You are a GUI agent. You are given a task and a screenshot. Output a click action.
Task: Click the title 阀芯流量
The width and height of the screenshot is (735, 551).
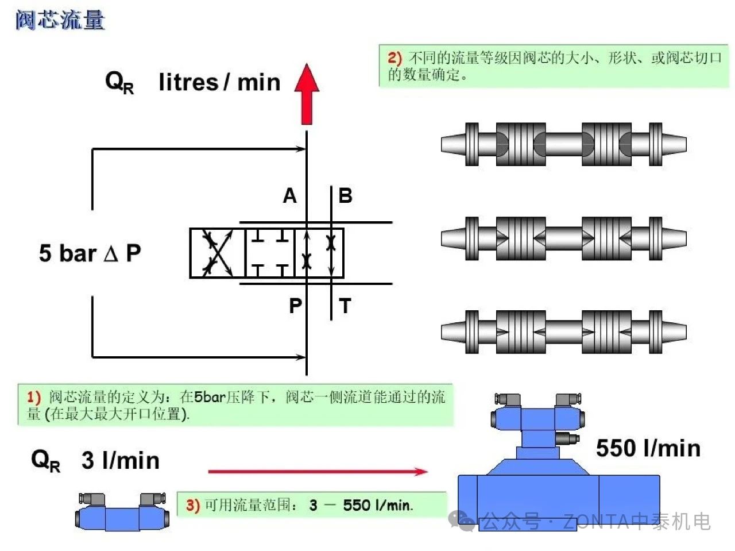60,20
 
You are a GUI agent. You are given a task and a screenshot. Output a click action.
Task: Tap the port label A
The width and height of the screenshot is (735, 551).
290,196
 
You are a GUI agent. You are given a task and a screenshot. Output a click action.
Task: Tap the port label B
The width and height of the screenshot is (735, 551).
345,196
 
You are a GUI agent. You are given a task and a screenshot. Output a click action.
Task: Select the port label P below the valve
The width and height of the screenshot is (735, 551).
295,306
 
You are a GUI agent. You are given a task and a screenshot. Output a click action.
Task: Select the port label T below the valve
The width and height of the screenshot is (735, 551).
345,306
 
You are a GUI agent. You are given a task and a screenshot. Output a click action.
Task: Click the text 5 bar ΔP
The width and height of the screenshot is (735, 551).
90,253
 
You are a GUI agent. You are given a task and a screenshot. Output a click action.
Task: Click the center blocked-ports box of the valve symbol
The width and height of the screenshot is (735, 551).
270,253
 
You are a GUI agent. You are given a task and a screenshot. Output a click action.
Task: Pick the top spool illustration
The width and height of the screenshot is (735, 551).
563,144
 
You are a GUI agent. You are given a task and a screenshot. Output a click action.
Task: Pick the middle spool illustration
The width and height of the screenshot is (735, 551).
563,238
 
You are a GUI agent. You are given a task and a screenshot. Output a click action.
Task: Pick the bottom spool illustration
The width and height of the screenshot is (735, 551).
563,332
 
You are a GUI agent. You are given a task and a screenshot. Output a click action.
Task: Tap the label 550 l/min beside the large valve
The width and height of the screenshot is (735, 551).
648,448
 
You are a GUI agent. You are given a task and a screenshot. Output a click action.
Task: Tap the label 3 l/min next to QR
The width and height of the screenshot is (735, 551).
120,460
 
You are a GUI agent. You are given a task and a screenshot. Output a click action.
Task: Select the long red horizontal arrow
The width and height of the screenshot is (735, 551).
318,472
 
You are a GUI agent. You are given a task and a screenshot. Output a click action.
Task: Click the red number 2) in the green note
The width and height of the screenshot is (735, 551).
394,57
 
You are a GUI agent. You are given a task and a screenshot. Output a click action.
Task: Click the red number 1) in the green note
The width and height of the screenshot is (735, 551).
34,397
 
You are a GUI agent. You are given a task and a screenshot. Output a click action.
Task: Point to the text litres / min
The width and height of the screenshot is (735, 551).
219,82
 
